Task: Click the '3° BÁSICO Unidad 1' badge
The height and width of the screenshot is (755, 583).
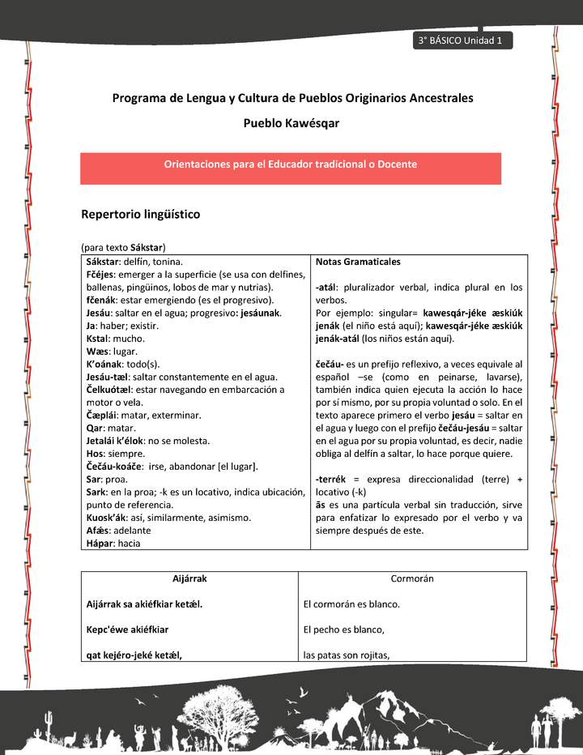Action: pyautogui.click(x=461, y=41)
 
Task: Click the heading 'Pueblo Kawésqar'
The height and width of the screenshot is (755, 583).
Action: pyautogui.click(x=291, y=124)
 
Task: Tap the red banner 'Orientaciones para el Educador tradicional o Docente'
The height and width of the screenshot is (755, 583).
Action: pyautogui.click(x=291, y=164)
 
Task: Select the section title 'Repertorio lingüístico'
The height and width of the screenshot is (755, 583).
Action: pyautogui.click(x=140, y=215)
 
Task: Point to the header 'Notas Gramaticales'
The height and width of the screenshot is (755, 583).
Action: pyautogui.click(x=357, y=262)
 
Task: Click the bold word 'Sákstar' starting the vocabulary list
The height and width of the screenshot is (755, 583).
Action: pyautogui.click(x=102, y=262)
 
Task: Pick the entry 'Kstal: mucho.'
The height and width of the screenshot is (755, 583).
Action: pyautogui.click(x=116, y=338)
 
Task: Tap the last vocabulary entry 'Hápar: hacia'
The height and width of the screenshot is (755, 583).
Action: pyautogui.click(x=113, y=544)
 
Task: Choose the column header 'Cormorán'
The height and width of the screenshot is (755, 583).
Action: pyautogui.click(x=412, y=579)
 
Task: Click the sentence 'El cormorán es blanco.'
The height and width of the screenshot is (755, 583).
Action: pyautogui.click(x=351, y=604)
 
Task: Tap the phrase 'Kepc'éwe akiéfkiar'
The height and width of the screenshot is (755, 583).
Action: pyautogui.click(x=127, y=629)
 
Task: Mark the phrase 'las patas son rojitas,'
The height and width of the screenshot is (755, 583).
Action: pyautogui.click(x=346, y=655)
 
